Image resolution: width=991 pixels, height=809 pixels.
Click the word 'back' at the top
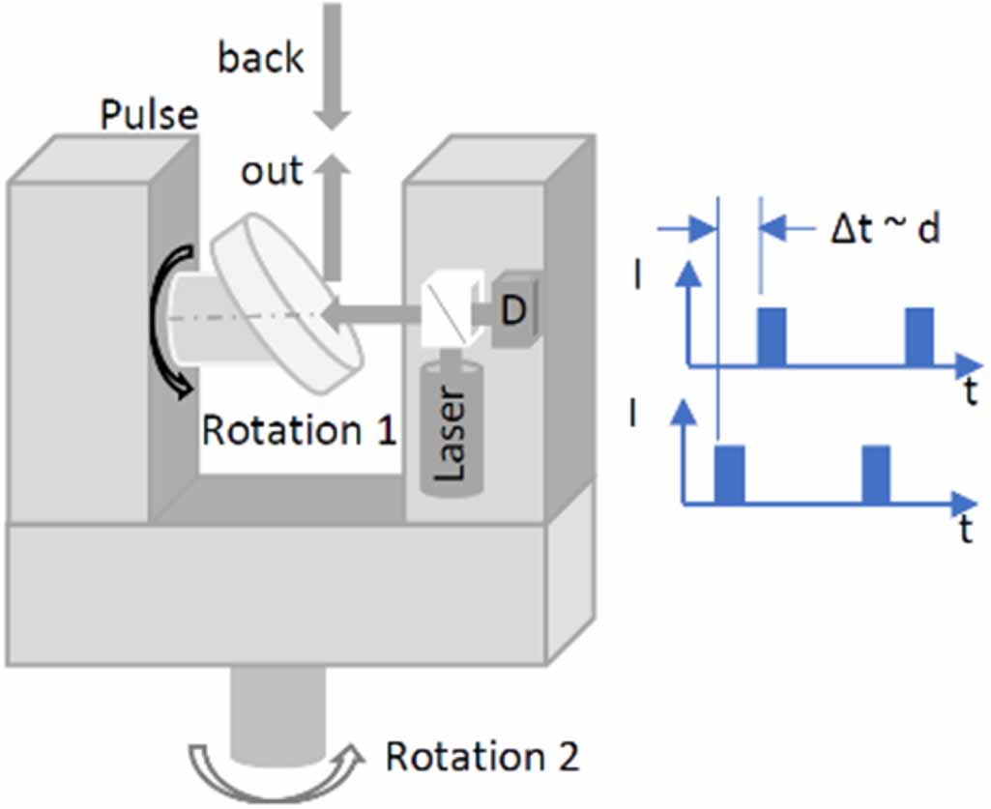click(260, 58)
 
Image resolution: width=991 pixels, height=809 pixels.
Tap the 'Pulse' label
click(149, 116)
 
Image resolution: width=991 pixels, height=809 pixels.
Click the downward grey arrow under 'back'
click(333, 68)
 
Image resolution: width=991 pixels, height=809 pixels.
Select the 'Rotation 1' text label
click(299, 430)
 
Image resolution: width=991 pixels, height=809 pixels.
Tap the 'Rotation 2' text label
click(482, 757)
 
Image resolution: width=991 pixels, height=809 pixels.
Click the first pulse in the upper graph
click(772, 336)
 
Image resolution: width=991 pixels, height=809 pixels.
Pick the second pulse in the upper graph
click(918, 336)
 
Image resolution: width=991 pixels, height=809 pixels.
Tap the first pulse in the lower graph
click(729, 475)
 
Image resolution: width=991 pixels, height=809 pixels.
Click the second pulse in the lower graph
click(876, 475)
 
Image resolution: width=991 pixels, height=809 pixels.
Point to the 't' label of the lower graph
click(965, 532)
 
